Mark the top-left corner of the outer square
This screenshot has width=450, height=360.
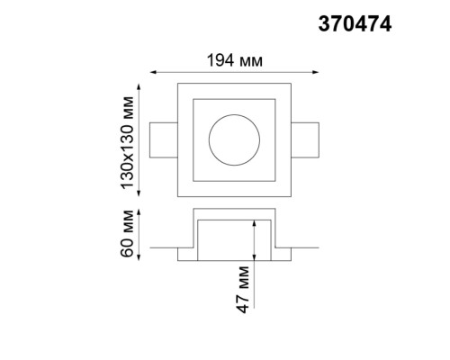[x=177, y=84]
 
